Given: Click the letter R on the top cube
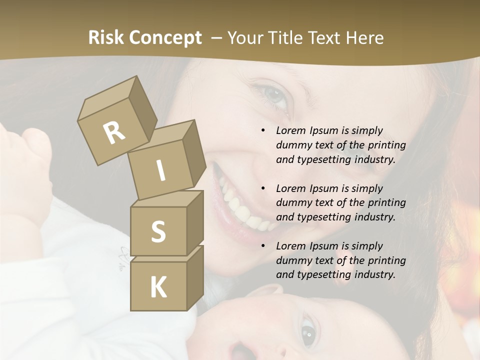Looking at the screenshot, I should point(114,133).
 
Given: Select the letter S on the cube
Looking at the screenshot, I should point(158,231).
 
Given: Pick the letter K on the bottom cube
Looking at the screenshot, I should point(158,287).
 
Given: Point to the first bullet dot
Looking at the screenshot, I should point(263,131).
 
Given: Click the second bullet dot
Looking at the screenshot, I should point(263,189).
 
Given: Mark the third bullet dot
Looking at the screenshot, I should point(263,246).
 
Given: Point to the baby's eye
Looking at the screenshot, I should point(308,330).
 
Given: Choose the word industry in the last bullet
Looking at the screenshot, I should point(374,274).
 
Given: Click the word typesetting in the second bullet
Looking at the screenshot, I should point(320,217).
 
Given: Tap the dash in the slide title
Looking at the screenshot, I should point(217,38).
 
